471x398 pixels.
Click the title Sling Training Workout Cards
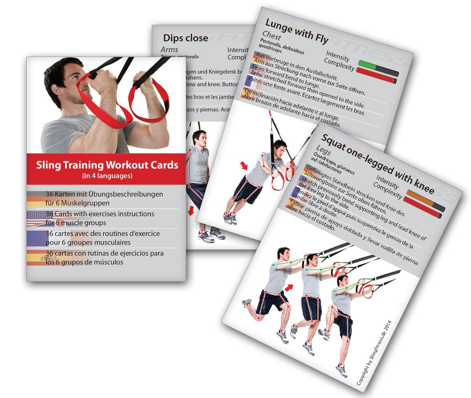pyautogui.click(x=107, y=165)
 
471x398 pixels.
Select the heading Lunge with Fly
pyautogui.click(x=297, y=30)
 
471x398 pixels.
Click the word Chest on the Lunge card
pyautogui.click(x=272, y=36)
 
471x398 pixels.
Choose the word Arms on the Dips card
pyautogui.click(x=169, y=50)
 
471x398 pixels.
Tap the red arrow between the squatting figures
pyautogui.click(x=289, y=289)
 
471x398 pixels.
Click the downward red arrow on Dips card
pyautogui.click(x=191, y=211)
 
